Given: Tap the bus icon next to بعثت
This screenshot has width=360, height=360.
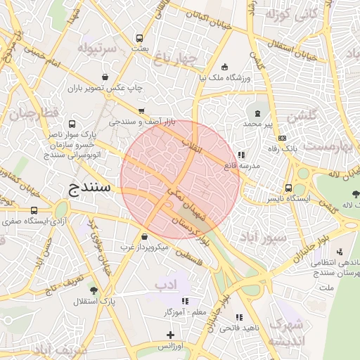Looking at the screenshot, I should coord(141,37).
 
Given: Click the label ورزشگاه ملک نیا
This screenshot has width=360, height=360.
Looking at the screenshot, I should coord(224,78).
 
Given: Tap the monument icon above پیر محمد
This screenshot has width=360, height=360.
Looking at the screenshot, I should coord(257,112).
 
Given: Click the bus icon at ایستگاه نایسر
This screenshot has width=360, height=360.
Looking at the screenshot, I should coord(288,188).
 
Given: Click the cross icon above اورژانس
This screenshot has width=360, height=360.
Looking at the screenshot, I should coord(169,335).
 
